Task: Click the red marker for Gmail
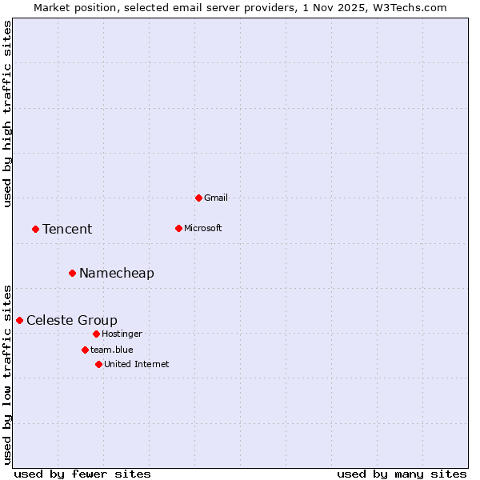[x=198, y=198]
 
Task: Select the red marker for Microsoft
[x=178, y=228]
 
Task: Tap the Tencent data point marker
[x=35, y=229]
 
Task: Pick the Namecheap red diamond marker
[x=72, y=273]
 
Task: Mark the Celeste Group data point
[x=19, y=320]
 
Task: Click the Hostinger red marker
[x=96, y=334]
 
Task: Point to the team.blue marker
[x=85, y=350]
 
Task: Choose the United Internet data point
[x=98, y=364]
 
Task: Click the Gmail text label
[x=216, y=198]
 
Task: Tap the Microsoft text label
[x=203, y=228]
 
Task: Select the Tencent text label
[x=67, y=230]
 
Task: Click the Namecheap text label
[x=117, y=274]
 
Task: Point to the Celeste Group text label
[x=72, y=321]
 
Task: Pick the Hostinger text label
[x=122, y=334]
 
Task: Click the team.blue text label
[x=112, y=350]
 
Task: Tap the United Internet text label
[x=137, y=364]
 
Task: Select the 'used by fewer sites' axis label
[x=82, y=474]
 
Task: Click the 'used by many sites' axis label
[x=402, y=474]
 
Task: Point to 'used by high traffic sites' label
[x=8, y=114]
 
